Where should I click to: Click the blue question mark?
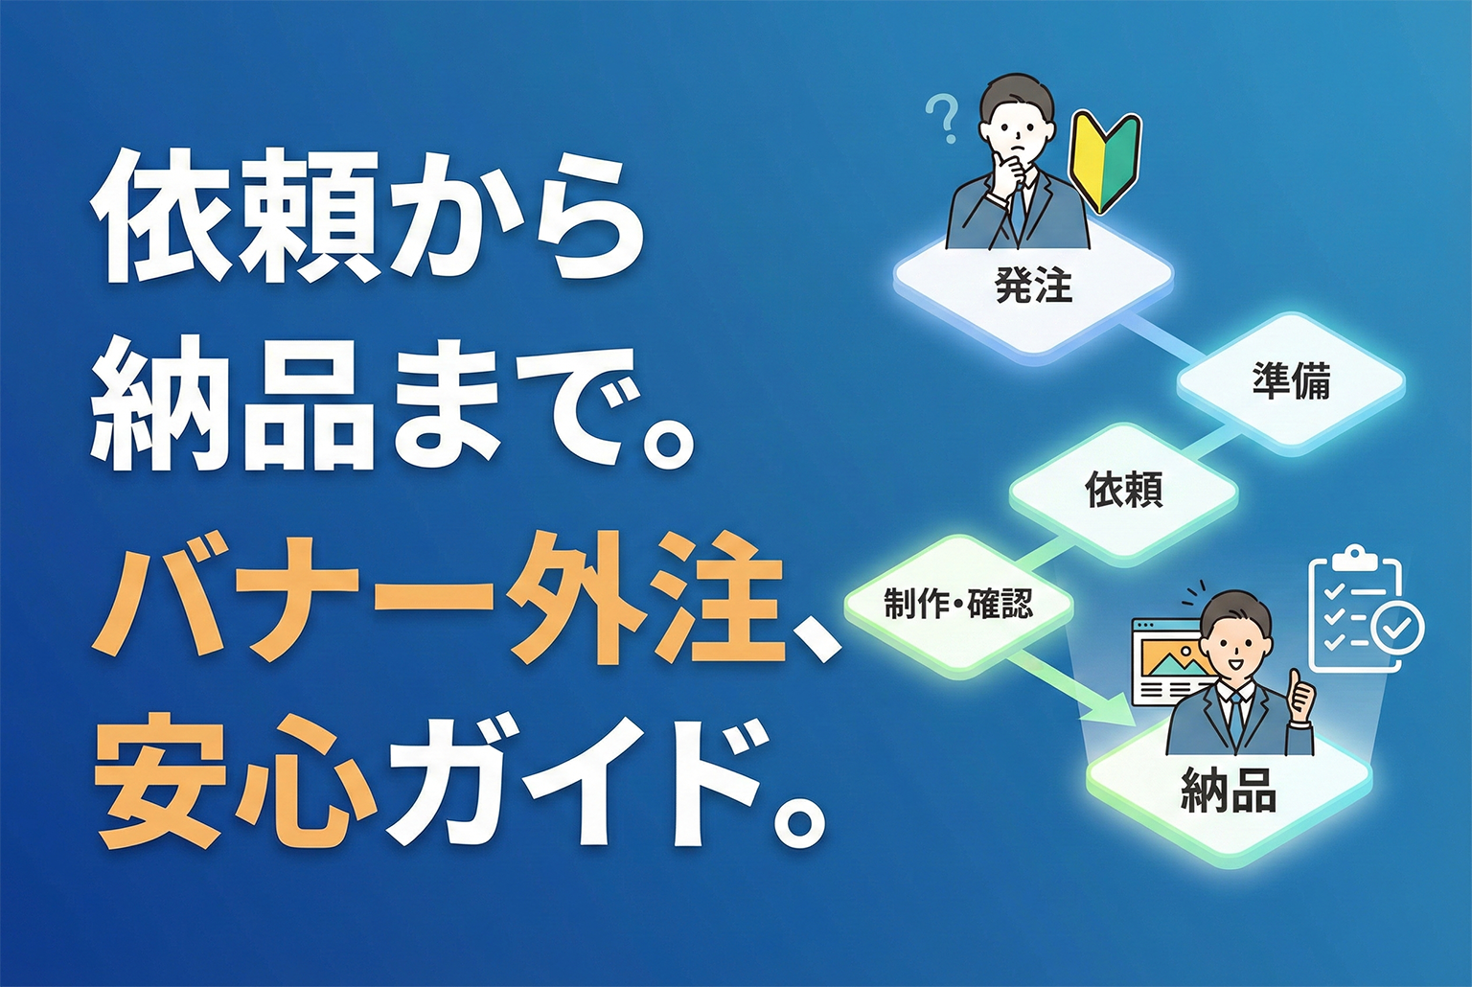[943, 118]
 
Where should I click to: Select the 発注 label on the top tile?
[1033, 286]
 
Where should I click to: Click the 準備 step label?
[1291, 381]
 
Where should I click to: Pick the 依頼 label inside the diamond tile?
[1124, 490]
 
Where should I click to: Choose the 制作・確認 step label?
[958, 605]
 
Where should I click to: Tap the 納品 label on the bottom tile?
[1228, 792]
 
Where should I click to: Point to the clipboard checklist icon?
[1355, 608]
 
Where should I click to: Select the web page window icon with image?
[1167, 661]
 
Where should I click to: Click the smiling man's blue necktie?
[1235, 714]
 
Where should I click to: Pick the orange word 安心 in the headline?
[236, 782]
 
